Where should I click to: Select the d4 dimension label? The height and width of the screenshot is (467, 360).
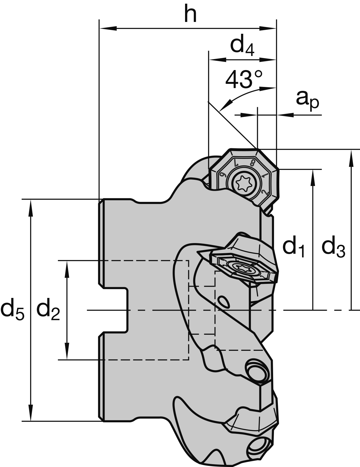242,46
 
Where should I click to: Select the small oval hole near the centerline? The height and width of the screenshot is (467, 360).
223,302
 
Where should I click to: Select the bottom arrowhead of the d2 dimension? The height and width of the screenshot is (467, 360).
67,353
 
